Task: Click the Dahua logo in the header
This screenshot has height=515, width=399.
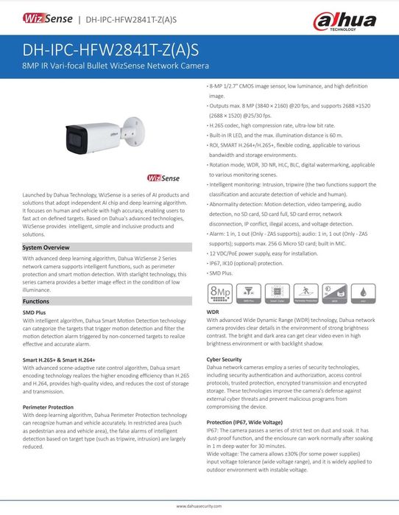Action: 356,19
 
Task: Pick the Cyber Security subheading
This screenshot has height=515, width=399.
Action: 225,359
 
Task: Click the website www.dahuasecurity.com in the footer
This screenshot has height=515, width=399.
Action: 199,507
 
